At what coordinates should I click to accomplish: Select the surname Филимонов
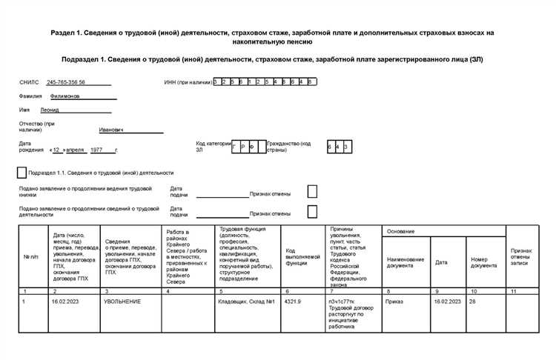(67, 96)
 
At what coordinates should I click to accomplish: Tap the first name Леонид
(59, 109)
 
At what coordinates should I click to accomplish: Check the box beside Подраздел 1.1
(21, 173)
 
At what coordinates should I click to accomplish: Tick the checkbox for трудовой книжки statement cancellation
(312, 191)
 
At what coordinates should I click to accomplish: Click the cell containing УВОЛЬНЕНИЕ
(122, 302)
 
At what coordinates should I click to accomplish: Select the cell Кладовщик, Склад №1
(246, 302)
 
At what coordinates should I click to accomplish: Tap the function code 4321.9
(292, 302)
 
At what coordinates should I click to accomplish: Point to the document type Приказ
(395, 302)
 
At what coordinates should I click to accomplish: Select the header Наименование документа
(405, 262)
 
